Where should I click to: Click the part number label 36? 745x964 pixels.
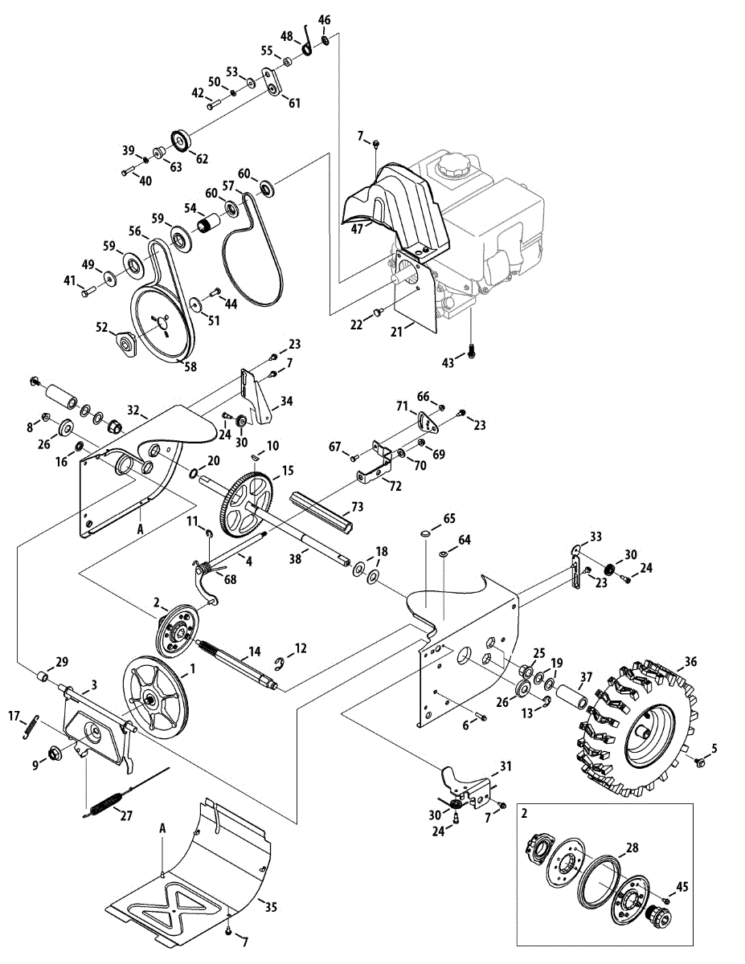click(690, 662)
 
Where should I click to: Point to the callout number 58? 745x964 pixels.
click(190, 366)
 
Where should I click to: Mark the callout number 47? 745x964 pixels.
click(357, 229)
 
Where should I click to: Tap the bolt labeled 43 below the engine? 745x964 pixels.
click(471, 354)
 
